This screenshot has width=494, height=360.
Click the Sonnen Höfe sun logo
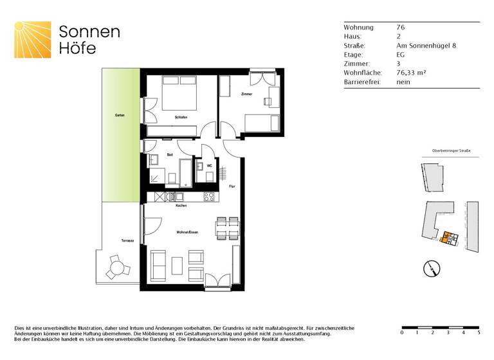click(32, 40)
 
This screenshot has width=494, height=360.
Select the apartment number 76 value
click(401, 28)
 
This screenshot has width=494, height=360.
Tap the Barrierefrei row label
click(362, 82)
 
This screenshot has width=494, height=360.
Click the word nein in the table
click(403, 82)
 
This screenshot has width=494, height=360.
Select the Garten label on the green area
click(120, 115)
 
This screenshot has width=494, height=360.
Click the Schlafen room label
click(181, 117)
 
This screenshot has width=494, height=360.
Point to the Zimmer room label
click(246, 94)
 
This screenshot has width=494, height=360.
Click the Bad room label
click(170, 155)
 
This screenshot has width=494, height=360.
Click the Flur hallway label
click(232, 186)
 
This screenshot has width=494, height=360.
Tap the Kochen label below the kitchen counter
click(181, 205)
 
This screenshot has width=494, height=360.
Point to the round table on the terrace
click(116, 267)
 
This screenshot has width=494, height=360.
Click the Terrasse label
click(127, 240)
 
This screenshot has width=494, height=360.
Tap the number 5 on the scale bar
click(478, 333)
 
